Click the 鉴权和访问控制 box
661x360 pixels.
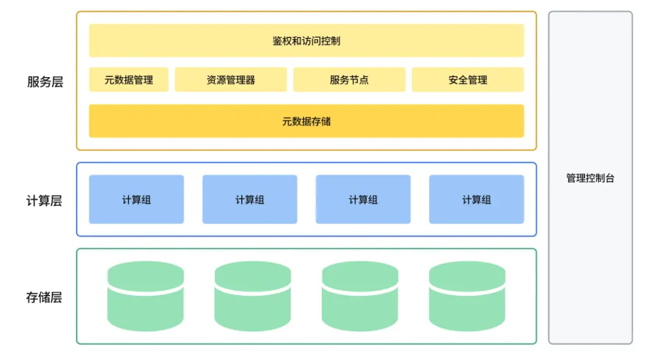(x=306, y=40)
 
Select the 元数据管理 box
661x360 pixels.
(x=129, y=80)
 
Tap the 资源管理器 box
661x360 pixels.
(x=231, y=80)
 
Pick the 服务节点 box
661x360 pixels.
(x=349, y=80)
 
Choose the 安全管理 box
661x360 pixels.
(x=468, y=80)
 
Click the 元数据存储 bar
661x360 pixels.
(x=306, y=121)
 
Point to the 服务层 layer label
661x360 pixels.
(x=45, y=82)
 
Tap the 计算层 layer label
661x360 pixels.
(x=44, y=200)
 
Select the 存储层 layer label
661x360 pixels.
(x=44, y=298)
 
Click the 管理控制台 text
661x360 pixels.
(x=590, y=178)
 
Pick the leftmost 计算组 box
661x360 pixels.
(x=136, y=200)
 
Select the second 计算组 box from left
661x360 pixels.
(x=250, y=200)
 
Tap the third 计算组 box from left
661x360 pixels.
(x=363, y=200)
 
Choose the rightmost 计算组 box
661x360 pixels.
(x=476, y=200)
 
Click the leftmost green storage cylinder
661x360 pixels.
(x=146, y=296)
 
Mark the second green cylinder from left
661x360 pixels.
(x=253, y=296)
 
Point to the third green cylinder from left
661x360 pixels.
(x=360, y=296)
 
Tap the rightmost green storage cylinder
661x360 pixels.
(x=467, y=296)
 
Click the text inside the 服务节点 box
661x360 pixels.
(x=349, y=80)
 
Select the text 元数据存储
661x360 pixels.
(x=306, y=121)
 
